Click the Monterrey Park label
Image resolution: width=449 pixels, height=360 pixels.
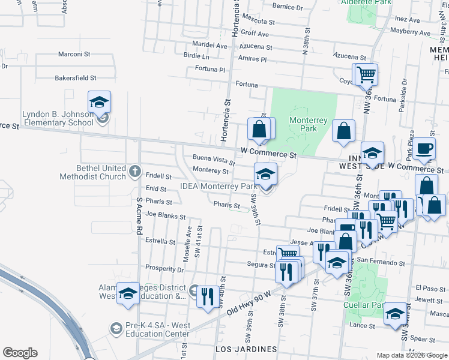tap(308, 124)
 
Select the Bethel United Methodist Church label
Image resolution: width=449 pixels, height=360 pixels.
tap(93, 172)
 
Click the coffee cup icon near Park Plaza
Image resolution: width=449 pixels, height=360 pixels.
tap(425, 149)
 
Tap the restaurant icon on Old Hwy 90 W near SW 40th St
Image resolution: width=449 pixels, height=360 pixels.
tap(207, 297)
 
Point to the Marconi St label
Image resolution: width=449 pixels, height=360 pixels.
tap(74, 54)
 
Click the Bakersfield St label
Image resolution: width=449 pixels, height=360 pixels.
tap(76, 78)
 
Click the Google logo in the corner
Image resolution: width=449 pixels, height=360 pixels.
tap(20, 353)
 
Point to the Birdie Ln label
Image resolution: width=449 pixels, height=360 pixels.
tap(197, 56)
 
